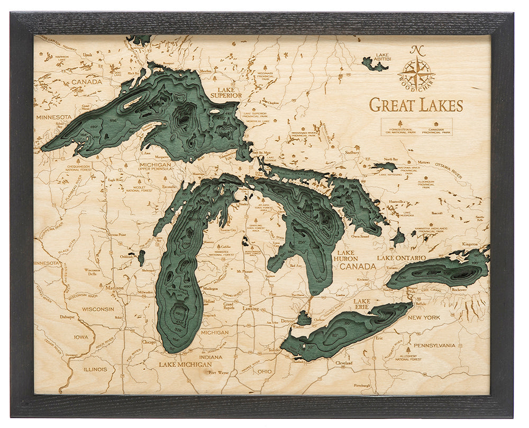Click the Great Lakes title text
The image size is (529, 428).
pos(416,105)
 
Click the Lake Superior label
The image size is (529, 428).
pos(226,92)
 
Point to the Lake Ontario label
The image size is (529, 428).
pos(401,258)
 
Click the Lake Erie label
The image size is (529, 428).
pos(362,305)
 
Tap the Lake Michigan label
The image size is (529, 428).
pos(182,364)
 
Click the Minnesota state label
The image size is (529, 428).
pos(53,117)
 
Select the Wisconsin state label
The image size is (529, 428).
pos(98,309)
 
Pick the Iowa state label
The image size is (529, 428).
pos(81,337)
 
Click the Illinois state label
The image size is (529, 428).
pos(95,369)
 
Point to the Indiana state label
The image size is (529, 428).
pos(211,357)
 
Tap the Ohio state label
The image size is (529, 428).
pos(264,371)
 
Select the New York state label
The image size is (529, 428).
pos(424,317)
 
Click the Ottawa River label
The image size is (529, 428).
pos(449,169)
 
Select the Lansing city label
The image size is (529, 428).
pos(250,308)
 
